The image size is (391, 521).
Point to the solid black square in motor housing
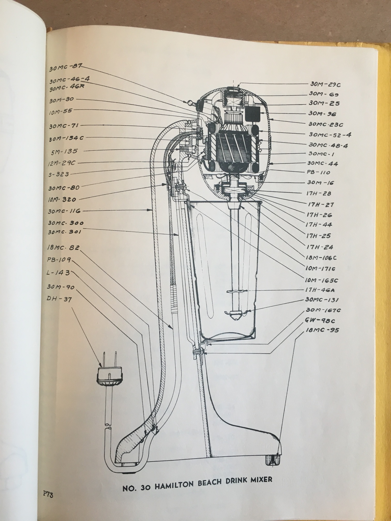point(252,113)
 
